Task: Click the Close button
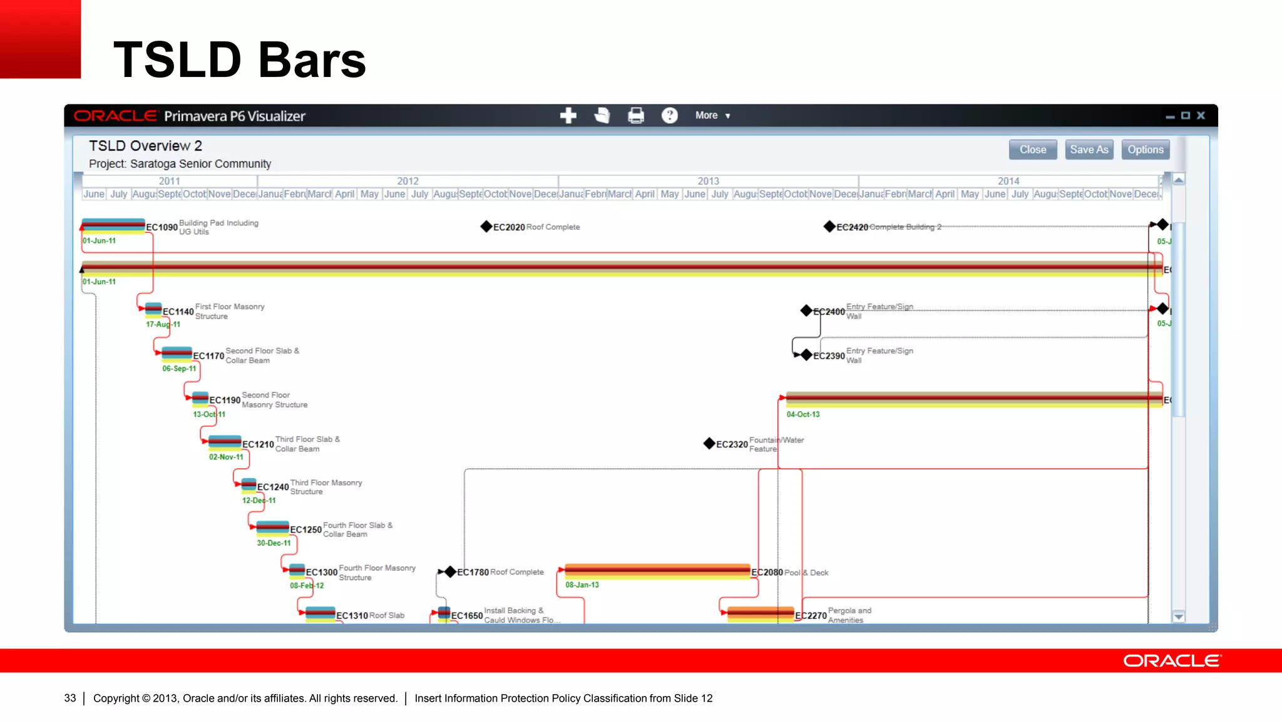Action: [x=1032, y=150]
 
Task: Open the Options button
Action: [x=1145, y=150]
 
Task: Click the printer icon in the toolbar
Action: [x=635, y=116]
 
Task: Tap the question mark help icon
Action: [x=669, y=116]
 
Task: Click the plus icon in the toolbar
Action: [x=568, y=116]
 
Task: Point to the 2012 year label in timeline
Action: [x=408, y=181]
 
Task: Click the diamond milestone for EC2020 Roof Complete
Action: [x=486, y=227]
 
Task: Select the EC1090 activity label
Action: [x=162, y=227]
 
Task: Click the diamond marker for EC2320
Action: [x=709, y=444]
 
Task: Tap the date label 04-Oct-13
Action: [x=803, y=414]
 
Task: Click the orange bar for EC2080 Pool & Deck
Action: [x=657, y=571]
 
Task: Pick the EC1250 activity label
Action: [x=305, y=529]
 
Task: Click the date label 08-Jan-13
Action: [x=582, y=585]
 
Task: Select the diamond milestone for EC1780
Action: [x=449, y=572]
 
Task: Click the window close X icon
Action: [x=1201, y=116]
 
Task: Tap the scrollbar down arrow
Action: [x=1178, y=617]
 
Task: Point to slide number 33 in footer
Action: [x=70, y=698]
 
